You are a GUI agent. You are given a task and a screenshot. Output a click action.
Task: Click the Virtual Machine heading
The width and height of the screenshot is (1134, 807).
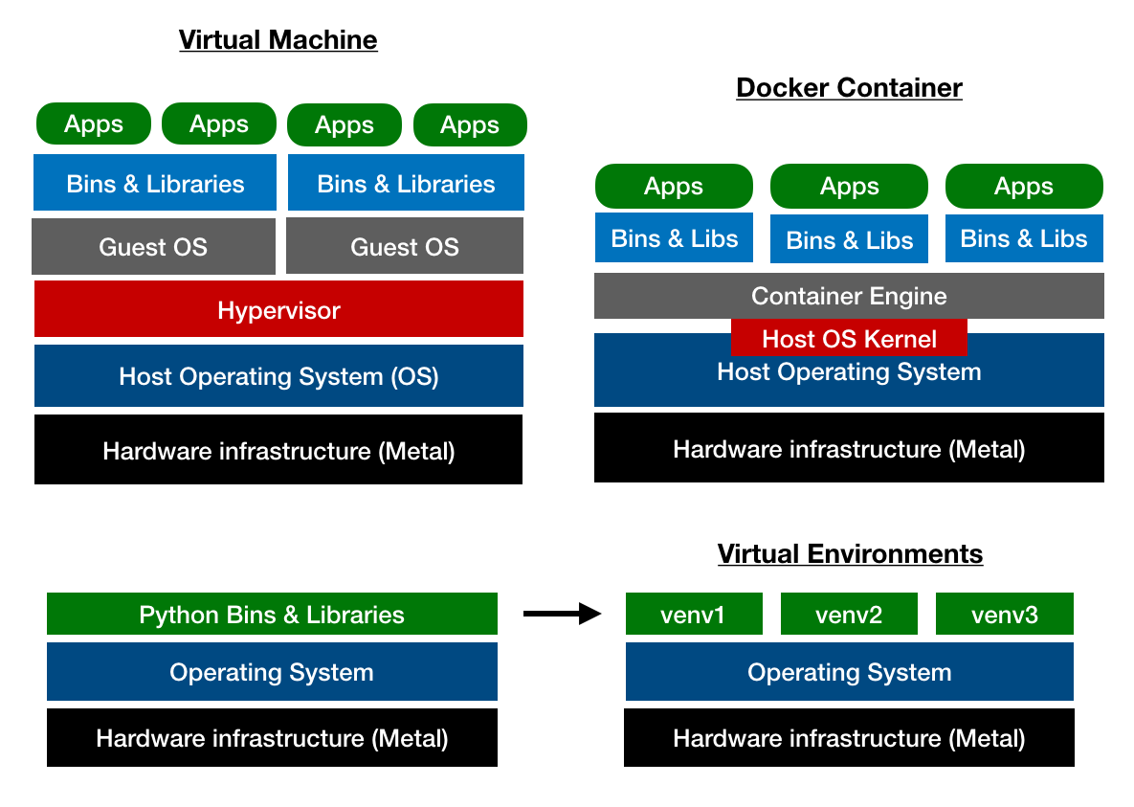278,40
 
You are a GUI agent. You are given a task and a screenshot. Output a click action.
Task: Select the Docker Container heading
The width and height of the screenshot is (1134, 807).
849,88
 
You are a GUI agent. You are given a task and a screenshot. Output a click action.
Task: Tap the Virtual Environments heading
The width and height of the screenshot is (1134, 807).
850,554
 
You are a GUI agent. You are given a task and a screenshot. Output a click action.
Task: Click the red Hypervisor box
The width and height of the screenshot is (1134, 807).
278,309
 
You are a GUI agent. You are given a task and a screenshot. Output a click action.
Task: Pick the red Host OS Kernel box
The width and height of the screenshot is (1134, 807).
849,339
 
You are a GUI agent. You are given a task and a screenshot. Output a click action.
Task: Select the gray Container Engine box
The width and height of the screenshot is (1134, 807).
849,296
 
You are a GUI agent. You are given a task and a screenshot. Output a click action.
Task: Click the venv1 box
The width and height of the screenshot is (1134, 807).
693,614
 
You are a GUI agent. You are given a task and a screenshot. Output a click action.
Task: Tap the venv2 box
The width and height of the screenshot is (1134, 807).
849,614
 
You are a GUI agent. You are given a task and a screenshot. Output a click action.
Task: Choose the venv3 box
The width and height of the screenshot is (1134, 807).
1004,614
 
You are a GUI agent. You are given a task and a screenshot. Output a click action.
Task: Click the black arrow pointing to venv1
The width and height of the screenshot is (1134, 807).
562,614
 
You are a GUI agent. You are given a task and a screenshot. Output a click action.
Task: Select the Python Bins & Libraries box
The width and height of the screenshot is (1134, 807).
272,614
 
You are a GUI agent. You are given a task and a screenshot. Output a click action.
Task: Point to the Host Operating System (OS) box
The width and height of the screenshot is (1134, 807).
278,376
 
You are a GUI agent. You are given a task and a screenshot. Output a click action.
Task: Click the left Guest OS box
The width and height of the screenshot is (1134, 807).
153,246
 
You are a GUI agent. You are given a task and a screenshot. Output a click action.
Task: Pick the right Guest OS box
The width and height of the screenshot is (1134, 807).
404,246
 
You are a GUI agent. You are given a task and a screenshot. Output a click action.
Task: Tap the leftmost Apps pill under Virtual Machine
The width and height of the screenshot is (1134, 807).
94,124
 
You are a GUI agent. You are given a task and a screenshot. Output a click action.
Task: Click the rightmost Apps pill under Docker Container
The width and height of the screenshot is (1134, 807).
1024,187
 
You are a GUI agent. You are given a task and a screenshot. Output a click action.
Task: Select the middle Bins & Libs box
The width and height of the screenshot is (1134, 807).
849,240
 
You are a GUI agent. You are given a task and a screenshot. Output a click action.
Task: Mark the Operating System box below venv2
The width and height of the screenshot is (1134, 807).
849,672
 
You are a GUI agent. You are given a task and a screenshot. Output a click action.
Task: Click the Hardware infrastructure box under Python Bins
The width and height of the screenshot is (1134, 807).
272,738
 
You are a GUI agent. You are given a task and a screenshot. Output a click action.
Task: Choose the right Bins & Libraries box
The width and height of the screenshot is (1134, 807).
406,183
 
